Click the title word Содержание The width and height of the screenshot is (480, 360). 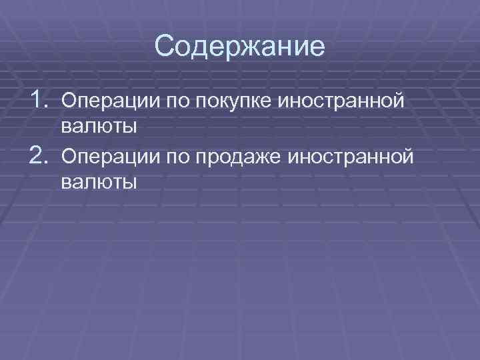pyautogui.click(x=239, y=47)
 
